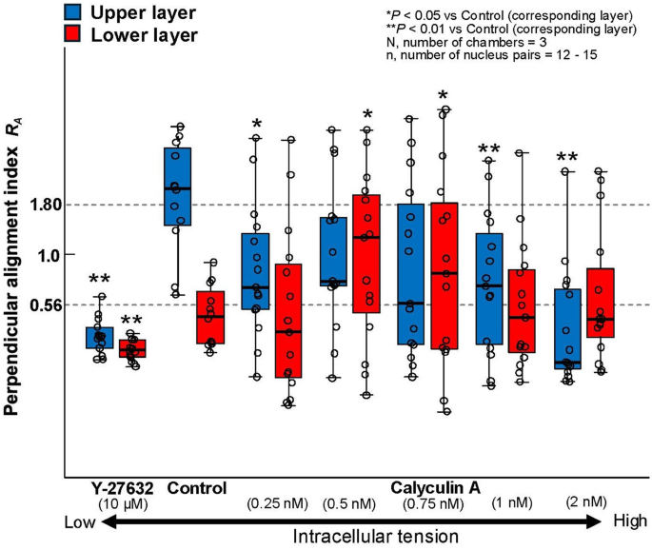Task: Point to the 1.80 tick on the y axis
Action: (43, 205)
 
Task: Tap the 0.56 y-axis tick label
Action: (41, 305)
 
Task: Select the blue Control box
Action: (177, 187)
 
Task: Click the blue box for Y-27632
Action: (100, 338)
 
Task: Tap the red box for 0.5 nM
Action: (366, 253)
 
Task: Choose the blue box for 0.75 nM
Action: (411, 273)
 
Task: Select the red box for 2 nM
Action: (601, 303)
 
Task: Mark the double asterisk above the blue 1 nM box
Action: (489, 149)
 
